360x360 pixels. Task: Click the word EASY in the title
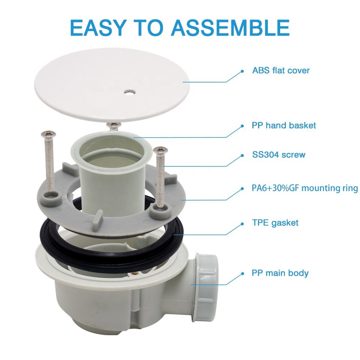[99, 28]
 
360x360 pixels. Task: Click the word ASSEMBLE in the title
[230, 28]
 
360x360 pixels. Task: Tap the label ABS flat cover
[281, 70]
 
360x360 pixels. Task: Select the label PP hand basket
[284, 125]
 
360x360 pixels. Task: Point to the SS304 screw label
[279, 154]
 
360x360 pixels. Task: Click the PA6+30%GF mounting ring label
[304, 188]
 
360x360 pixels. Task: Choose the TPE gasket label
[275, 223]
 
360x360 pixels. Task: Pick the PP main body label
[280, 273]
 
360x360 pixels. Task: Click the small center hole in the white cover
[129, 92]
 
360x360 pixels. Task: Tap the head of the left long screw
[48, 134]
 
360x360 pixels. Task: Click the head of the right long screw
[160, 150]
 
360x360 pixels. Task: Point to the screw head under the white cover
[114, 125]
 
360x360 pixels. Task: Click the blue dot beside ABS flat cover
[242, 71]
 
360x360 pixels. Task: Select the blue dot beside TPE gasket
[242, 224]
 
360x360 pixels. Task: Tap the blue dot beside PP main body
[242, 274]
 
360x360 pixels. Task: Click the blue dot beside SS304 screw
[242, 156]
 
